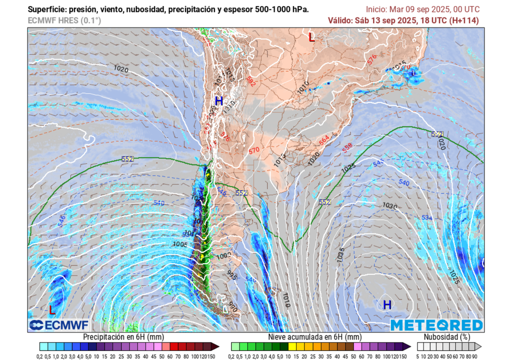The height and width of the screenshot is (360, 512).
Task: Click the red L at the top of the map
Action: [x=311, y=37]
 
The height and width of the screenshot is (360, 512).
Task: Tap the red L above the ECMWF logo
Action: [x=52, y=310]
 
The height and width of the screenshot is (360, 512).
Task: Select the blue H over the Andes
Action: [x=218, y=101]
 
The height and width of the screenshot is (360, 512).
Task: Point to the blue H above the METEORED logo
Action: [x=387, y=304]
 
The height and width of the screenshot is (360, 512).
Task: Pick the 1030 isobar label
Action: [x=389, y=205]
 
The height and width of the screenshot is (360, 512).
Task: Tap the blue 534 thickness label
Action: [x=426, y=217]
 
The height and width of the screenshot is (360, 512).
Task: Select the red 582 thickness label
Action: [x=250, y=81]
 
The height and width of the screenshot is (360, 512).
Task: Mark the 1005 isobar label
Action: [x=180, y=244]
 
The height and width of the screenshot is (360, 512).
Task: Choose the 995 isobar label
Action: [x=232, y=274]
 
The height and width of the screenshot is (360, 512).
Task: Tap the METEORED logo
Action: [x=436, y=325]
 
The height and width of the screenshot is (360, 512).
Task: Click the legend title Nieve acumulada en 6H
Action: [x=314, y=337]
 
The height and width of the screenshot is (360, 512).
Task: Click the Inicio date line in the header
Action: [x=422, y=9]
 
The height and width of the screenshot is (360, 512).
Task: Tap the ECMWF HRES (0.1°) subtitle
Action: [x=64, y=20]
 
